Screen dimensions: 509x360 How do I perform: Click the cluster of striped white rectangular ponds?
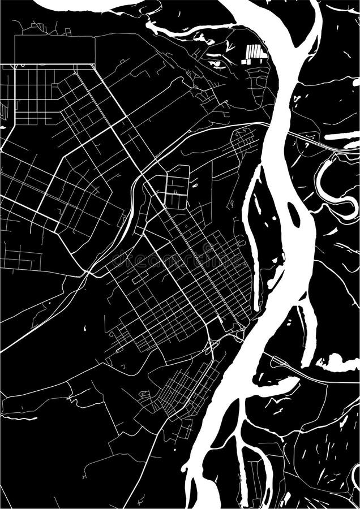point(255,54)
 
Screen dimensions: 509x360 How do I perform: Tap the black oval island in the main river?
point(294,214)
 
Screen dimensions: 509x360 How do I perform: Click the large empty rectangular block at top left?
point(54,50)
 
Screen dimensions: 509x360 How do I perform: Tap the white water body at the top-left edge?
point(85,5)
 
